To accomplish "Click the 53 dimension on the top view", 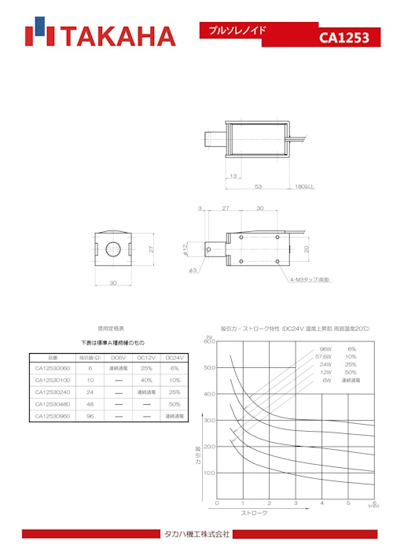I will [x=258, y=186].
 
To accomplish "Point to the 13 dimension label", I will [x=234, y=176].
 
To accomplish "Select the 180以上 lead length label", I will [x=304, y=186].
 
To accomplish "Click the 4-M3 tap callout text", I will [x=310, y=279].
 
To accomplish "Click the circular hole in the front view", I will [x=113, y=249].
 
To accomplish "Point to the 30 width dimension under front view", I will [x=113, y=283].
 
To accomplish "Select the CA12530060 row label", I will [x=53, y=368].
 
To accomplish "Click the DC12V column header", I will [x=146, y=356].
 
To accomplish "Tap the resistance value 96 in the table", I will [x=90, y=415].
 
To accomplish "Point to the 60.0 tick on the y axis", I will [x=209, y=341].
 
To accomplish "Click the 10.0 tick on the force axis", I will [x=209, y=473].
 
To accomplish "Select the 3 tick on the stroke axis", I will [x=296, y=503].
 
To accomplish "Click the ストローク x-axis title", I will [x=255, y=513].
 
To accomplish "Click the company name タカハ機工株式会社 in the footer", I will [x=196, y=535].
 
